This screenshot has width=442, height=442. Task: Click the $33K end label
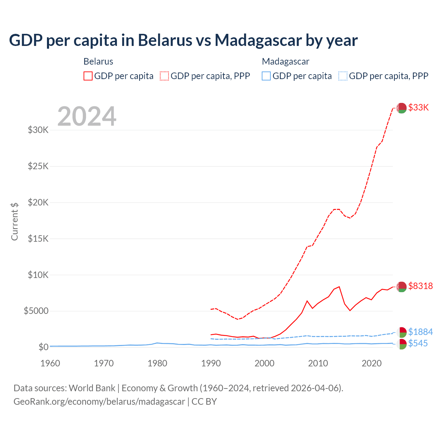[x=418, y=107]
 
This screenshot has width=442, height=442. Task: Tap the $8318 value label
[x=420, y=286]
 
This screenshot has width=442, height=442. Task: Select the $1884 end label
[x=420, y=332]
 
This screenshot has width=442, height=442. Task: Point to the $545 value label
[x=418, y=343]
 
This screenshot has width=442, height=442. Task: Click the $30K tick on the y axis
[x=38, y=130]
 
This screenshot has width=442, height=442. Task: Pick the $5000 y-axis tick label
[x=36, y=311]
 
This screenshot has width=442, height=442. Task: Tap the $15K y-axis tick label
[x=38, y=239]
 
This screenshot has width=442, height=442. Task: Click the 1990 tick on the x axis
[x=211, y=363]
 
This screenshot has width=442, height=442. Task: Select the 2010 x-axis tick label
[x=318, y=363]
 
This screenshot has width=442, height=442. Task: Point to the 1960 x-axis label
[x=50, y=363]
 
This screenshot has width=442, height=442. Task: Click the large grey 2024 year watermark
[x=87, y=116]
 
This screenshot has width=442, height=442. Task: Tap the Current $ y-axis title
[x=15, y=221]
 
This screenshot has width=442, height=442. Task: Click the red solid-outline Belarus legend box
[x=88, y=76]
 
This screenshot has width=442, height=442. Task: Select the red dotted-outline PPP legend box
[x=164, y=76]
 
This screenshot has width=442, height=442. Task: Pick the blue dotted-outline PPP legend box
[x=343, y=76]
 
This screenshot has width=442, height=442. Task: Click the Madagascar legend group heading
[x=286, y=61]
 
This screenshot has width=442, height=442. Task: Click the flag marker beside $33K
[x=401, y=108]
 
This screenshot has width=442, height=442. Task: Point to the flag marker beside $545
[x=401, y=344]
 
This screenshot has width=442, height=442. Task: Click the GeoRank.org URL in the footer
[x=99, y=402]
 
